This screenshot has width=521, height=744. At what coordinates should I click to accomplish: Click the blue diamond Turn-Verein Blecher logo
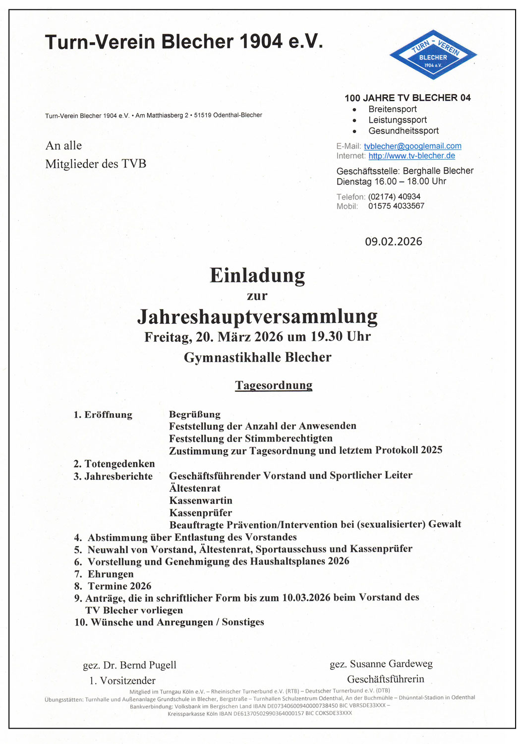click(x=433, y=55)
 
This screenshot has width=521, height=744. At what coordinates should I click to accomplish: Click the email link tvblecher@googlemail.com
click(x=412, y=146)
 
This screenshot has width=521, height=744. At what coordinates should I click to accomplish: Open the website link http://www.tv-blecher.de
click(x=411, y=156)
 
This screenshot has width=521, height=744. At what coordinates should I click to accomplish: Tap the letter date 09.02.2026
click(x=394, y=242)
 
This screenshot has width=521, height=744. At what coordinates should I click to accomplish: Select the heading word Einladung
click(x=257, y=275)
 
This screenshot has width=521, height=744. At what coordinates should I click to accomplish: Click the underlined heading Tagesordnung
click(x=274, y=385)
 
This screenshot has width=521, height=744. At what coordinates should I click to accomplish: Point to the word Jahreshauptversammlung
click(x=257, y=316)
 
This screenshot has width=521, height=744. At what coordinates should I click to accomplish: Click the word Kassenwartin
click(x=201, y=500)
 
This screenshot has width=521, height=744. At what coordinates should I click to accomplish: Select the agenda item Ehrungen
click(x=111, y=574)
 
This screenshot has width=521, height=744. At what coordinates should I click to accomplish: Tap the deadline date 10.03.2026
click(x=306, y=598)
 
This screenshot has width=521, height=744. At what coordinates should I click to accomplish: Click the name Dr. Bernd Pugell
click(x=140, y=665)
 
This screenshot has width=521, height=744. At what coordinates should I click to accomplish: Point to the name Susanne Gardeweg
click(x=391, y=664)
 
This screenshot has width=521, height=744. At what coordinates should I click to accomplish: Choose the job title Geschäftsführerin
click(x=385, y=679)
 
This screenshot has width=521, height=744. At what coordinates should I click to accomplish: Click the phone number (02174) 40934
click(x=394, y=196)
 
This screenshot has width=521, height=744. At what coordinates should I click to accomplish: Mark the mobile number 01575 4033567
click(x=396, y=206)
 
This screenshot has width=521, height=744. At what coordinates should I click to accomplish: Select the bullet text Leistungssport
click(x=398, y=120)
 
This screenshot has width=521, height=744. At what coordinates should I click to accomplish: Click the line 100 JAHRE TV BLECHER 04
click(x=407, y=98)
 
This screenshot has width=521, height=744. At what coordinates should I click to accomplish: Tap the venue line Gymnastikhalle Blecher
click(x=257, y=357)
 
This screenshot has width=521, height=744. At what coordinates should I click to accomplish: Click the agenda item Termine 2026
click(x=119, y=586)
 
